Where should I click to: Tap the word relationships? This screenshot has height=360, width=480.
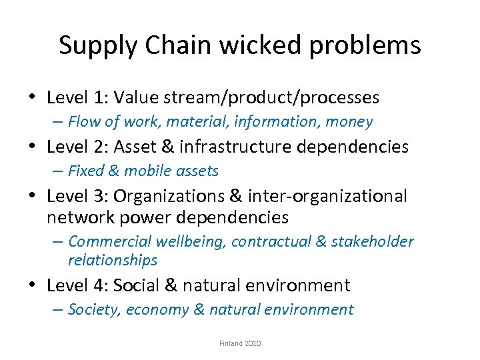[x=112, y=260]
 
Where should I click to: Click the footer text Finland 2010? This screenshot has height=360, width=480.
[x=240, y=343]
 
